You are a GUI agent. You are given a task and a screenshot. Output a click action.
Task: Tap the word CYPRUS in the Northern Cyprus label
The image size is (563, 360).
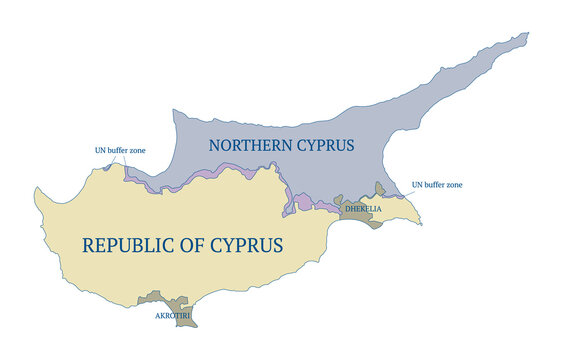click(x=325, y=146)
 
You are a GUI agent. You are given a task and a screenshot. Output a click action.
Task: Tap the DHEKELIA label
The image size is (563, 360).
click(x=362, y=209)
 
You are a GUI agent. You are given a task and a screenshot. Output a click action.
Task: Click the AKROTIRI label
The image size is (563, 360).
click(x=172, y=315)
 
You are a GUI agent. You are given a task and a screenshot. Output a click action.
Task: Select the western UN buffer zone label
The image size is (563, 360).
click(x=120, y=150)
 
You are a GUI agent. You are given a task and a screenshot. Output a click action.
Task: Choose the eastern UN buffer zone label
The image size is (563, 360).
click(x=437, y=185)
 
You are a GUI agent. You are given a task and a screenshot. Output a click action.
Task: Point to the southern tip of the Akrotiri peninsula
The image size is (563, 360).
click(x=193, y=325)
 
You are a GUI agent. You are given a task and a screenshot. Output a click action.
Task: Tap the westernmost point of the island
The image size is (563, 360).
click(x=35, y=190)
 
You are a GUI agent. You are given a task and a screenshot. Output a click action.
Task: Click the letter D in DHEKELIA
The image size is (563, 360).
click(x=346, y=209)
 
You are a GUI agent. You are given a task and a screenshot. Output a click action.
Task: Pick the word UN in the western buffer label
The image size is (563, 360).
click(x=100, y=150)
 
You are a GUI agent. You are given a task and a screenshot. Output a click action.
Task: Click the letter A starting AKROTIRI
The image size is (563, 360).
click(x=157, y=315)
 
